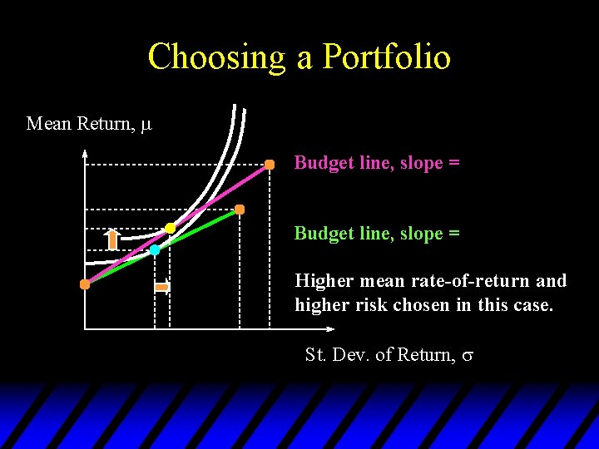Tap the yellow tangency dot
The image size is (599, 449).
[x=170, y=228]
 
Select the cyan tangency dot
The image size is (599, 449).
[x=155, y=249]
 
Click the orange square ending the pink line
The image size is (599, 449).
[x=270, y=165]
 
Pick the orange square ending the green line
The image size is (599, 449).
[x=240, y=210]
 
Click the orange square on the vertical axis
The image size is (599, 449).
[x=85, y=284]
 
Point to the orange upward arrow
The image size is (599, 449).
[x=112, y=239]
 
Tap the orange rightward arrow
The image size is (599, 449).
[x=162, y=287]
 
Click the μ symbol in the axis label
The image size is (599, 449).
[x=146, y=125]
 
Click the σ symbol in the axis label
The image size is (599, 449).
[x=468, y=356]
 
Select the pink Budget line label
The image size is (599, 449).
[x=376, y=163]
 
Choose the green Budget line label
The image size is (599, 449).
[x=376, y=234]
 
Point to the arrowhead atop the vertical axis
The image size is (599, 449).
[x=85, y=152]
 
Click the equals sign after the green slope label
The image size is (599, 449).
[x=453, y=234]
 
